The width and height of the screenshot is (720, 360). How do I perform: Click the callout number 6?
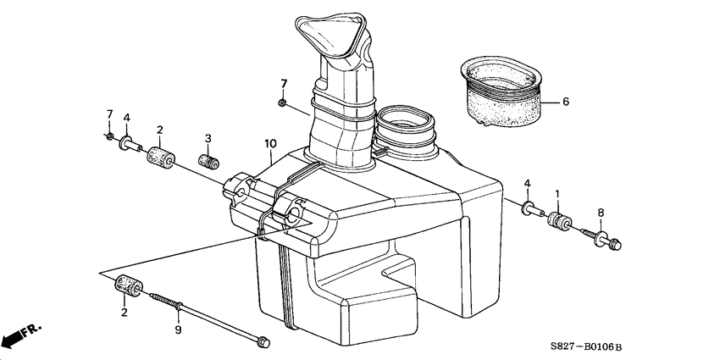[564, 102]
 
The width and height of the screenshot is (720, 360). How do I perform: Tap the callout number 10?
[269, 144]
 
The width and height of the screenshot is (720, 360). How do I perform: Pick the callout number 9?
[178, 329]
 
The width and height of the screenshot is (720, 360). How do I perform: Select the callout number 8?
[601, 212]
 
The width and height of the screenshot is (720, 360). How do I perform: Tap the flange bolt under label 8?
[607, 240]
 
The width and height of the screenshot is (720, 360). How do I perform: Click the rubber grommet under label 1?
[560, 224]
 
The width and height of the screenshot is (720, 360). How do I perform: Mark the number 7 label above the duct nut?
[285, 83]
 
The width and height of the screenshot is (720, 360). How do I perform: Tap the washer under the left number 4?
[126, 143]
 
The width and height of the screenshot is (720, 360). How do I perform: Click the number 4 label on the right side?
[528, 184]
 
